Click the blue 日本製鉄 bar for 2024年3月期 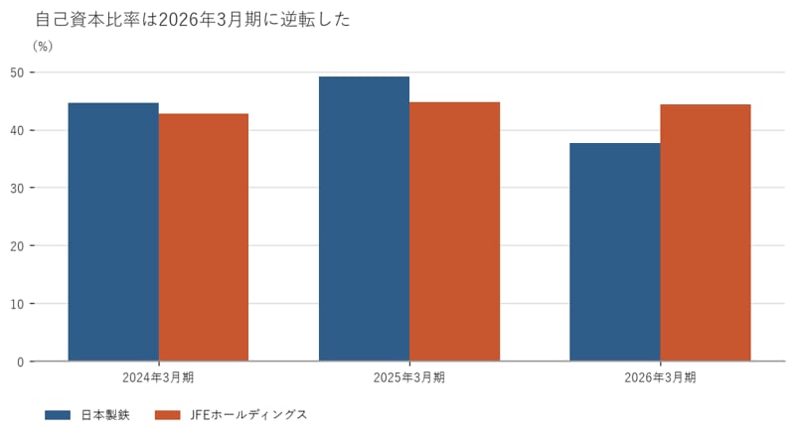point(113,232)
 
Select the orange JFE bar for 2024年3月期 point(204,237)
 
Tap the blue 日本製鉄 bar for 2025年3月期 point(364,219)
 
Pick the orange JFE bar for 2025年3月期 point(455,231)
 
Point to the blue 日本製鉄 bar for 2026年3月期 point(615,252)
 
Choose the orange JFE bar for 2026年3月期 point(706,233)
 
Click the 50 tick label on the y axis point(17,73)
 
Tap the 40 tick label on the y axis point(17,130)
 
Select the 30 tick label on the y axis point(17,188)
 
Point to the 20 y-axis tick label point(17,246)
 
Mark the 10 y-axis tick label point(17,304)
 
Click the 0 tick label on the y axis point(20,362)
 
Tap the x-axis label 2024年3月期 point(158,377)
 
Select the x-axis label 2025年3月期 point(409,377)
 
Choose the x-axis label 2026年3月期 point(660,377)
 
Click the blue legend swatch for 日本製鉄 point(58,415)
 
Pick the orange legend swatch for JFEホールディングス point(167,415)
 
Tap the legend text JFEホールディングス point(249,415)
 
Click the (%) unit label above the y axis point(43,46)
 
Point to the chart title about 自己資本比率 point(193,19)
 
